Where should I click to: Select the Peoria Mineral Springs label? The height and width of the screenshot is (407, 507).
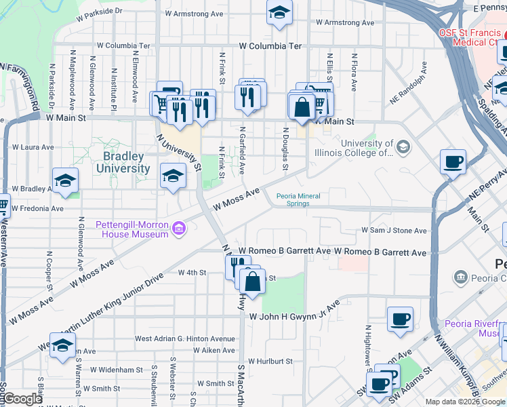[x=298, y=200]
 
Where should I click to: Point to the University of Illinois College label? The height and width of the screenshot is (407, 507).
[x=367, y=148]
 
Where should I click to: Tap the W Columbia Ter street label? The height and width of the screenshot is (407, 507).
[x=270, y=46]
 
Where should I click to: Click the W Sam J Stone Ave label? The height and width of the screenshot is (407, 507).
[x=394, y=231]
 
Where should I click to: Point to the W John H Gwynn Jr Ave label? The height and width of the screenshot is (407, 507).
[x=293, y=317]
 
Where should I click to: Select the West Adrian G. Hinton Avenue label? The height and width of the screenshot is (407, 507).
[x=184, y=338]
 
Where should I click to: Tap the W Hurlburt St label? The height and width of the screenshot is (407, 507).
[x=270, y=362]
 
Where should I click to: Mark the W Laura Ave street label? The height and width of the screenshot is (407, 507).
[x=33, y=147]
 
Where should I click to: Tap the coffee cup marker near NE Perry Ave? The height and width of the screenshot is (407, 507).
[x=453, y=163]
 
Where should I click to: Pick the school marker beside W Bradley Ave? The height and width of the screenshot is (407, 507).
[x=66, y=180]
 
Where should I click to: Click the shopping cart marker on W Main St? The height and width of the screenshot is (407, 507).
[x=161, y=104]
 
